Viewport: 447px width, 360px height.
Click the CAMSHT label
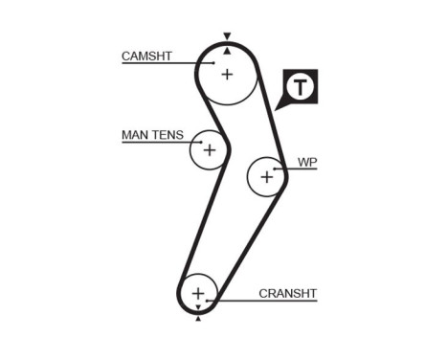[146, 56]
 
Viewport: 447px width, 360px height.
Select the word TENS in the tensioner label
[168, 135]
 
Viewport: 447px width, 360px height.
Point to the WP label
[306, 163]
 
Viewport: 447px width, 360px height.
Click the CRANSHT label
[287, 293]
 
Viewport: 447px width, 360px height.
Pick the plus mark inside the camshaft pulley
[227, 74]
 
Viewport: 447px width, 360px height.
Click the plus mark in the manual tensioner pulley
[209, 150]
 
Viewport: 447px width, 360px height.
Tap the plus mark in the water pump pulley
[266, 176]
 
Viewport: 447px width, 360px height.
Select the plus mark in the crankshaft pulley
[198, 292]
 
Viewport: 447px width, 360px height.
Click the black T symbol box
[302, 87]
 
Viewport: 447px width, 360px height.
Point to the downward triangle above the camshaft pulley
[227, 35]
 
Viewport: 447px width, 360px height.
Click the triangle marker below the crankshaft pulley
[198, 319]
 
